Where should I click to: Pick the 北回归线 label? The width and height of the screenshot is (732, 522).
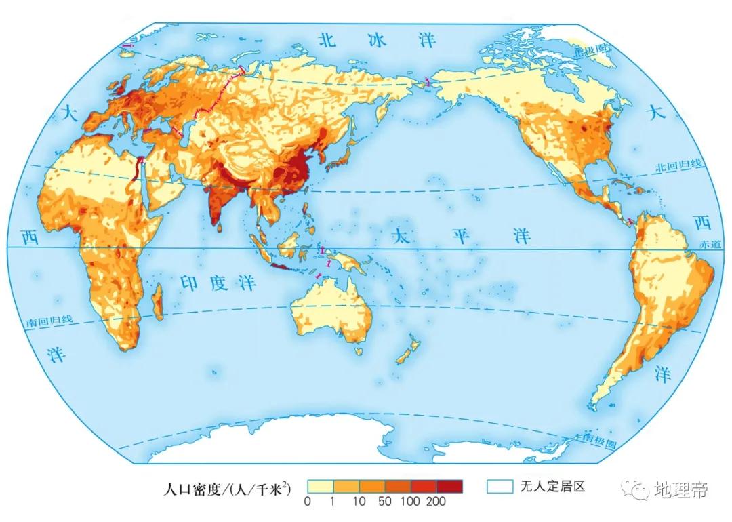pyautogui.click(x=681, y=166)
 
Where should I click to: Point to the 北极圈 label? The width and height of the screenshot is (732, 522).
pyautogui.click(x=590, y=51)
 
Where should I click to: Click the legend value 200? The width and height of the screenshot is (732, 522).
pyautogui.click(x=436, y=502)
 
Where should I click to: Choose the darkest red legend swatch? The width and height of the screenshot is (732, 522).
pyautogui.click(x=449, y=486)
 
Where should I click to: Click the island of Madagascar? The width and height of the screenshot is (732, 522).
pyautogui.click(x=158, y=303)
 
